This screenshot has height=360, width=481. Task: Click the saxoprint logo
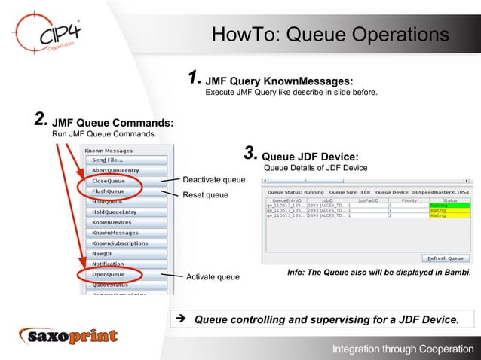click(x=69, y=336)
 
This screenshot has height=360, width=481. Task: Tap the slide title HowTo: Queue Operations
click(x=330, y=35)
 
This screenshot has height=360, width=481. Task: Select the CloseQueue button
click(x=109, y=181)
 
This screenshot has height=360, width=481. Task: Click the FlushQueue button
click(x=109, y=191)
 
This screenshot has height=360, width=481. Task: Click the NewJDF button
click(x=103, y=254)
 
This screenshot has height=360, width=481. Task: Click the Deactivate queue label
click(x=214, y=180)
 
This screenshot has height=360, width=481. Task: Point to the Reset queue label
click(x=206, y=195)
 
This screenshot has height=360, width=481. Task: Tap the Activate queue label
click(x=213, y=277)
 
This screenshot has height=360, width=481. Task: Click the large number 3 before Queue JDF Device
click(x=250, y=154)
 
